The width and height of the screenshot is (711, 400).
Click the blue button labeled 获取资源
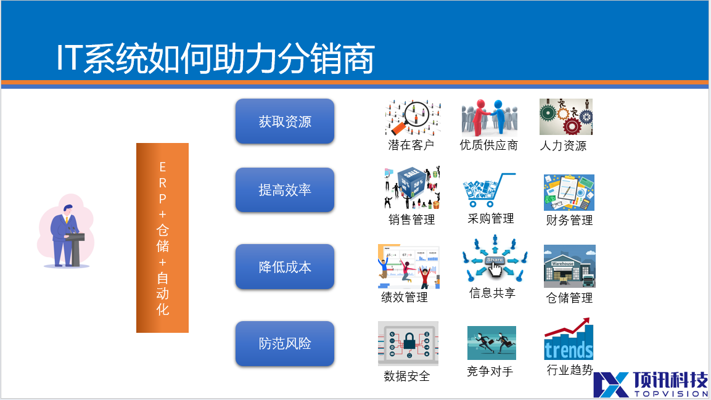pos(285,121)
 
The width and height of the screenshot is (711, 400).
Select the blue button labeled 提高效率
pos(285,189)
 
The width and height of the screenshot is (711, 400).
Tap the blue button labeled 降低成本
pos(285,266)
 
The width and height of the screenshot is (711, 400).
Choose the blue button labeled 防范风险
pos(285,343)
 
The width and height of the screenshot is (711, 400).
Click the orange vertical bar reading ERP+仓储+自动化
pos(162,238)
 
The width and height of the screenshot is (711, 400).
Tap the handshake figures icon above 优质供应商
pos(489,117)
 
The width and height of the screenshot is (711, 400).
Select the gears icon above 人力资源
pos(566,117)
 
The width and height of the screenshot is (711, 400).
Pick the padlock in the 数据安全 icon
pos(409,341)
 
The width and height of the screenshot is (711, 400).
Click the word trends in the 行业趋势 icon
pos(569,350)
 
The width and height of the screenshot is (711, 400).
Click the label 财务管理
pos(569,220)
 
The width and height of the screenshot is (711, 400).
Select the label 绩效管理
pos(405,297)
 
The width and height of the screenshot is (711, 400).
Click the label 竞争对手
pos(490,372)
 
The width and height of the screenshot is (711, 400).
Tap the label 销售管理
pos(412,219)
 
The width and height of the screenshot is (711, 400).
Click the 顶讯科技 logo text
pos(670,380)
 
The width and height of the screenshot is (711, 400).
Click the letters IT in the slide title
pos(70,58)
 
